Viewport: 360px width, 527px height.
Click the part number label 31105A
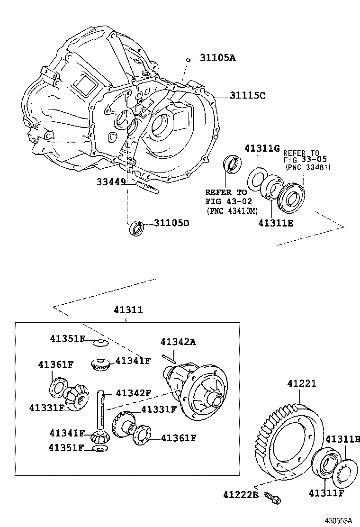217,58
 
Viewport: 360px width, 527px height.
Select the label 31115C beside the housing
247,95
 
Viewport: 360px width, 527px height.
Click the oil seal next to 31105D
137,227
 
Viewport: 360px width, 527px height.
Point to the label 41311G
262,148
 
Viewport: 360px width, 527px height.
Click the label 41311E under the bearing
276,222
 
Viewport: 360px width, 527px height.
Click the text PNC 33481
308,167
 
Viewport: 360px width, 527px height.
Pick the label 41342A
178,342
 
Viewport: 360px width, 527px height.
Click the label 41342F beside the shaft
133,392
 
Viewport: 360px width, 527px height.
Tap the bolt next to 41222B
272,497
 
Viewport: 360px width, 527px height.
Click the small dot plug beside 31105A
188,60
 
